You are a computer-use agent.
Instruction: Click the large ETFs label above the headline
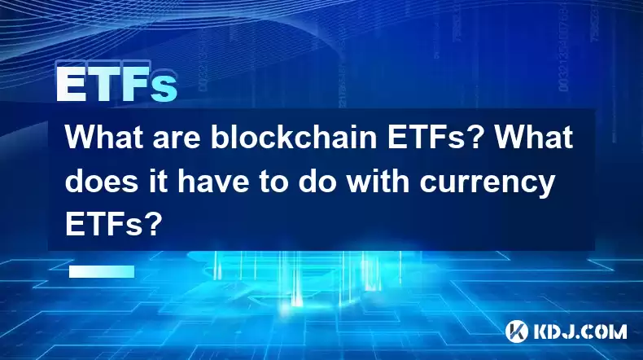[x=117, y=84]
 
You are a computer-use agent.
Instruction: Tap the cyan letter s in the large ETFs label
[x=164, y=88]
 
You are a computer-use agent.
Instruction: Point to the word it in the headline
[x=159, y=181]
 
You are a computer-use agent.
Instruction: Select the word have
[x=213, y=181]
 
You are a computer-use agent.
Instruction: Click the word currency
[x=487, y=185]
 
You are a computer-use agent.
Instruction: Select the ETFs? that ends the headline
[x=112, y=225]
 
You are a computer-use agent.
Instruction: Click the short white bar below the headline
[x=102, y=272]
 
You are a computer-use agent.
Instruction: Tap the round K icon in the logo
[x=517, y=331]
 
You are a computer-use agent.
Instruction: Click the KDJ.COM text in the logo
[x=580, y=331]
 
